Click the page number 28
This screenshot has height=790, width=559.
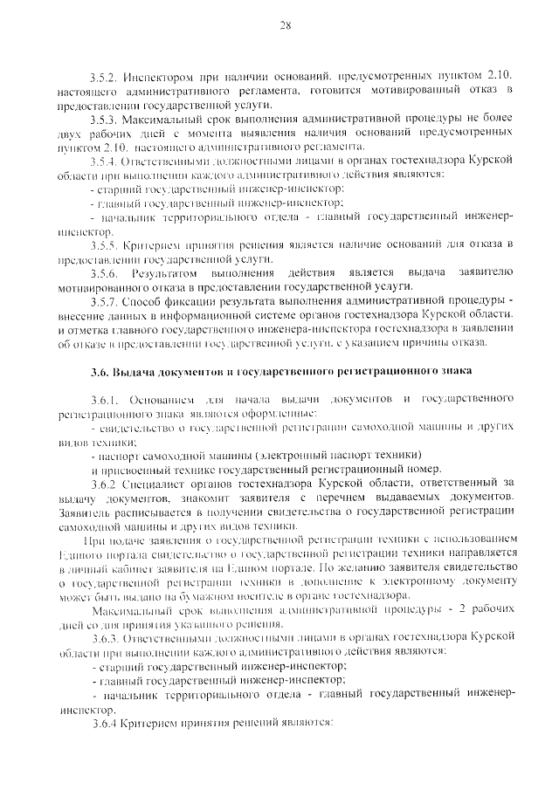click(x=285, y=25)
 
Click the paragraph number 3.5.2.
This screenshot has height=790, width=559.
click(x=105, y=77)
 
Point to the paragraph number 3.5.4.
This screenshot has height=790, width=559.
click(x=105, y=161)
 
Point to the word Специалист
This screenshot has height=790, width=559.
click(x=160, y=482)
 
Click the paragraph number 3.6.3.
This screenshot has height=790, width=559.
click(x=105, y=637)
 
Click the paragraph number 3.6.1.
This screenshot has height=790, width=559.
click(x=105, y=398)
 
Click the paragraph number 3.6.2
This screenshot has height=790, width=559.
click(x=103, y=482)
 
